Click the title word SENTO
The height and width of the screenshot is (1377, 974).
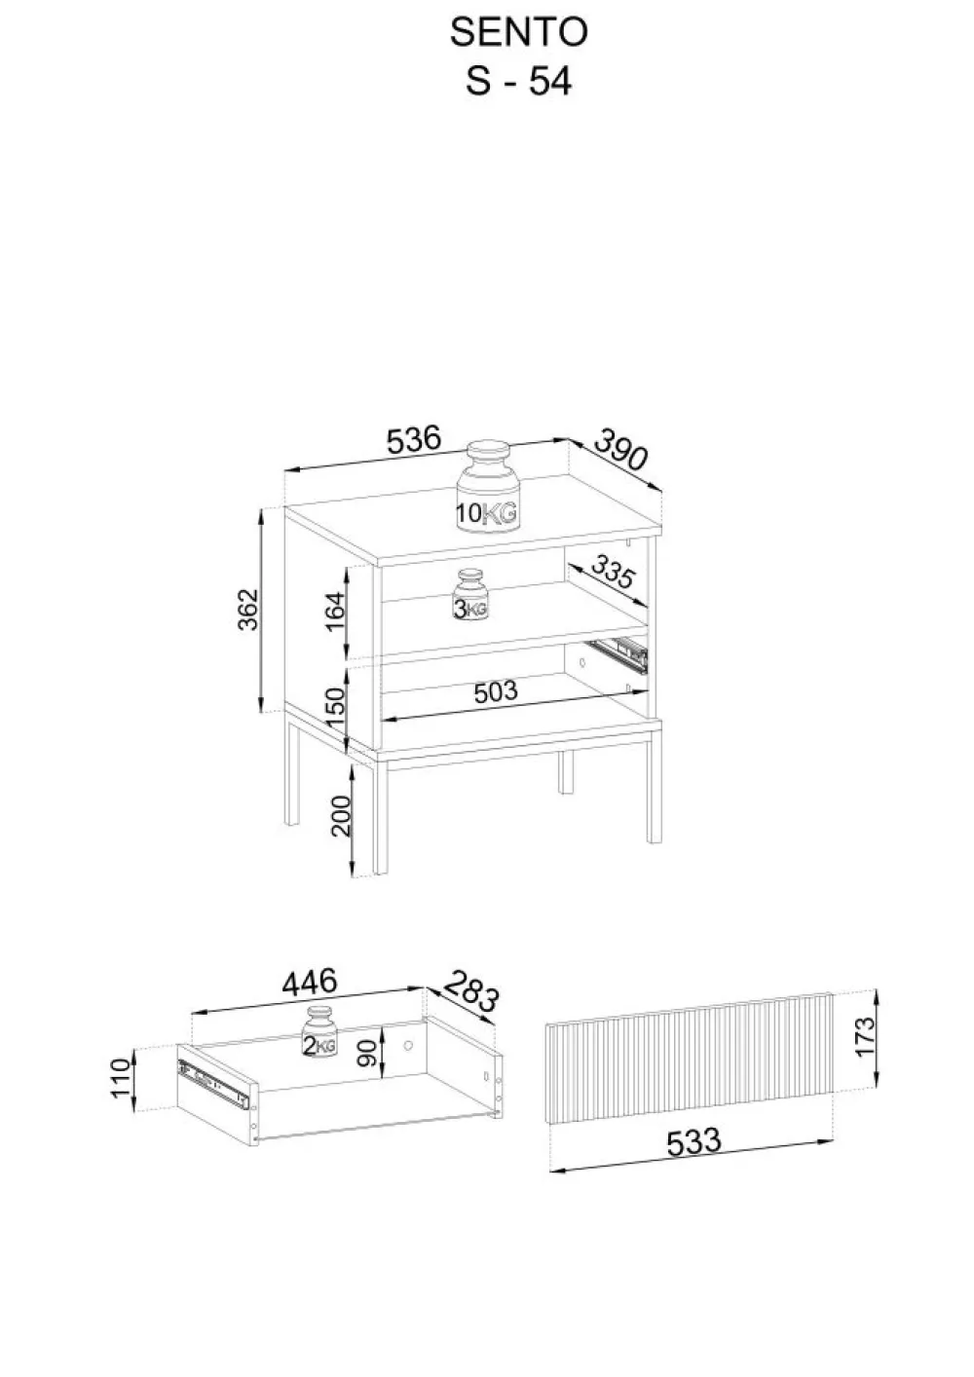tap(519, 32)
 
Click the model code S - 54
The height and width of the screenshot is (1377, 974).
tap(519, 81)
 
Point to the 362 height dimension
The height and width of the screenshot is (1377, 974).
tap(247, 610)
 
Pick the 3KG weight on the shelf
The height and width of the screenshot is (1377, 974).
tap(470, 595)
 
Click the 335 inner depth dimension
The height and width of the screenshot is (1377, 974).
tap(613, 572)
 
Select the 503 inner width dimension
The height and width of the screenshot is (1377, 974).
tap(496, 692)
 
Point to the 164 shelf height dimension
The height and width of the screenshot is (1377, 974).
tap(335, 612)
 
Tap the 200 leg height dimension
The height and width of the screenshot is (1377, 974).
tap(341, 816)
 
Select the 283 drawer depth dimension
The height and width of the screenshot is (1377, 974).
tap(470, 990)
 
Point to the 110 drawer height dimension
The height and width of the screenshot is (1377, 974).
tap(121, 1078)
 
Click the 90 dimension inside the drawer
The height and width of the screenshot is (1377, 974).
tap(368, 1054)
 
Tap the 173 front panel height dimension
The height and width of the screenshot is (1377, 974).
tap(864, 1036)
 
